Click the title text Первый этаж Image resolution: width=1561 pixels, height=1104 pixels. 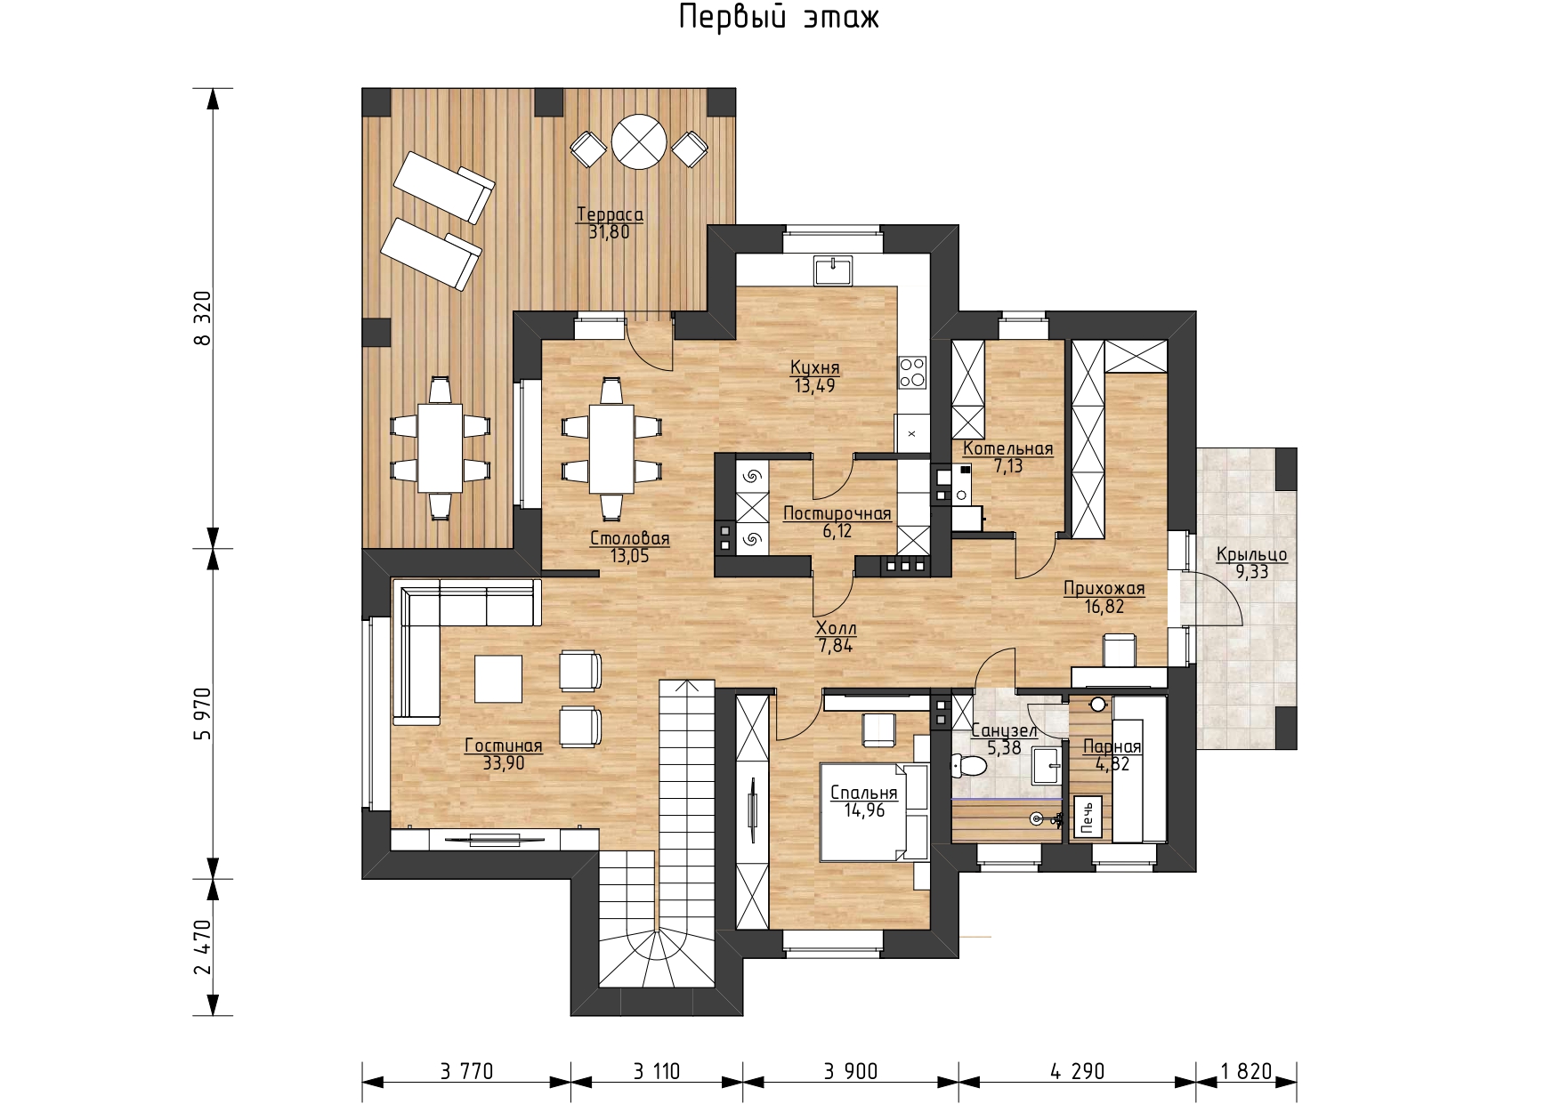[x=779, y=18]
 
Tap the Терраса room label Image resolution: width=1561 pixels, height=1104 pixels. [x=610, y=214]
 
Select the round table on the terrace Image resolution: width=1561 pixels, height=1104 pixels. [x=639, y=141]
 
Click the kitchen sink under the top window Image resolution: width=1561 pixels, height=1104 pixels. [x=833, y=270]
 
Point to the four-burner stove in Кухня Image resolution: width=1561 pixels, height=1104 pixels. [x=912, y=372]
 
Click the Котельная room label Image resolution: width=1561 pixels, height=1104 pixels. [x=1007, y=448]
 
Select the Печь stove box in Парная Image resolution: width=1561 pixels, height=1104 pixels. [x=1089, y=817]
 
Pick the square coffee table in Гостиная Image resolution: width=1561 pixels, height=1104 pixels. [x=498, y=679]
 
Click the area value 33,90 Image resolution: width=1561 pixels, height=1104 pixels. [x=504, y=763]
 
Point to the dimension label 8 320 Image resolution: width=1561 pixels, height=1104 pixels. [x=204, y=318]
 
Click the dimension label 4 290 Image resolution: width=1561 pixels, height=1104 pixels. [x=1077, y=1071]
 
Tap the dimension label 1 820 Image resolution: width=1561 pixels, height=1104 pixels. [x=1247, y=1071]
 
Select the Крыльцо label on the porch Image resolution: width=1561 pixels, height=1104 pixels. [x=1251, y=554]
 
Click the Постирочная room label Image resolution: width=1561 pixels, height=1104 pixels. [x=837, y=513]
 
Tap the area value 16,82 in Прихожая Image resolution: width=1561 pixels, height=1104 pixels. [x=1104, y=607]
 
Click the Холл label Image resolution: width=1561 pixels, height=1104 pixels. [x=836, y=628]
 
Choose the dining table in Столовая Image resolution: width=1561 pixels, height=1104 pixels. [x=611, y=448]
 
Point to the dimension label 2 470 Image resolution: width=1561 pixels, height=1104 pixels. [x=204, y=947]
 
